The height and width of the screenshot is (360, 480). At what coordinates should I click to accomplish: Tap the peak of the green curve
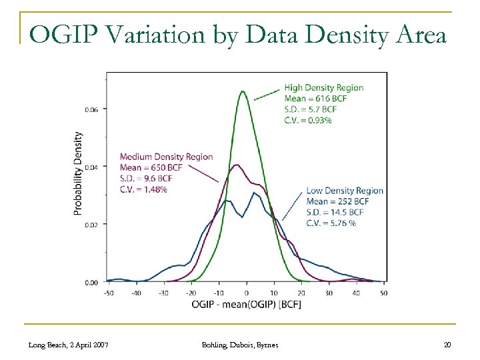[243, 91]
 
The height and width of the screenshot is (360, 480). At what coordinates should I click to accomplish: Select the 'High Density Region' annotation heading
[324, 87]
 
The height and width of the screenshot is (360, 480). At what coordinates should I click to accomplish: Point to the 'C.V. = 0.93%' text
[308, 121]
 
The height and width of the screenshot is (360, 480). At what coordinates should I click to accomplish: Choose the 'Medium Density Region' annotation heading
[167, 157]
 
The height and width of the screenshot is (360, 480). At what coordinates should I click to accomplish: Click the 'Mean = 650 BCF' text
[152, 168]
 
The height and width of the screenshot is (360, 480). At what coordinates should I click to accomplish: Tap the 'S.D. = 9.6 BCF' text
[149, 179]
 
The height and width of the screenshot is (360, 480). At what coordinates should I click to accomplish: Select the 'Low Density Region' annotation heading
[345, 191]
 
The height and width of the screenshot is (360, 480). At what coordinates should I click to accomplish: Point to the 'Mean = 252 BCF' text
[337, 201]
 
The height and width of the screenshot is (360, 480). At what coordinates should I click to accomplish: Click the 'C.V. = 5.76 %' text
[331, 223]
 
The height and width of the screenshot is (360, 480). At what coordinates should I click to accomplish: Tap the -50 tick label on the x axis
[109, 293]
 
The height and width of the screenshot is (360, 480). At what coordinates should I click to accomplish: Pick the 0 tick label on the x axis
[247, 293]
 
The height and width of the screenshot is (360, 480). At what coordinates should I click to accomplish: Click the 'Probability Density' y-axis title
[79, 173]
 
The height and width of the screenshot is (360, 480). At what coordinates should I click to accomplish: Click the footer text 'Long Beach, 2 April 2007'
[70, 344]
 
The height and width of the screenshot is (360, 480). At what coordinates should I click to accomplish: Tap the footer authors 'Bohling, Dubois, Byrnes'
[240, 344]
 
